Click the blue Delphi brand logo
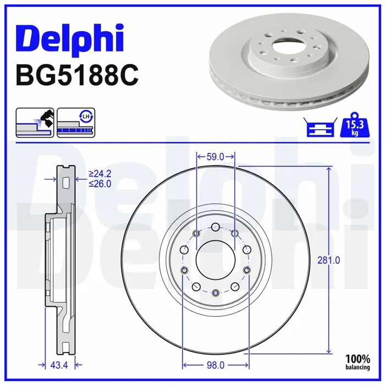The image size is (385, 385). (x=70, y=39)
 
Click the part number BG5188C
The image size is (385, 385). (x=77, y=75)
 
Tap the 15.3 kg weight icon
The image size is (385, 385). (x=354, y=125)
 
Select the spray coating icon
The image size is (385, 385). (x=35, y=123)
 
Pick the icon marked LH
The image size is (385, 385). (x=76, y=123)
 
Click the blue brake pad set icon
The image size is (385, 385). (x=321, y=127)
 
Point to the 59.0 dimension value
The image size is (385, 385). (x=216, y=157)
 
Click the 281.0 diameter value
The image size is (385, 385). (x=328, y=260)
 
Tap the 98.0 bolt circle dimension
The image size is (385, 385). (x=216, y=365)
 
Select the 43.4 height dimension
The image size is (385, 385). (x=59, y=365)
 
